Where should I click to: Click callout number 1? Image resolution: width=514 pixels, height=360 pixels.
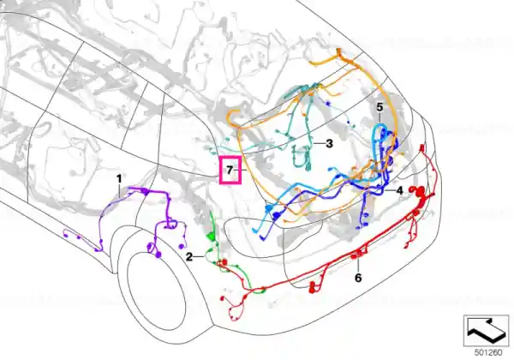pos(119,179)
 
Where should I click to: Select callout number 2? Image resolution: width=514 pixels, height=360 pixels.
pos(189,257)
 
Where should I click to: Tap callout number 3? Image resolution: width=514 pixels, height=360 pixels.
pos(329,143)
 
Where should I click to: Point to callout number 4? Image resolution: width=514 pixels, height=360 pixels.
pos(399,190)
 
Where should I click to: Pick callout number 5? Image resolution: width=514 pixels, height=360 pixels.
pos(380,107)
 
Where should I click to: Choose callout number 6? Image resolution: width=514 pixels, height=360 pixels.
pos(358,278)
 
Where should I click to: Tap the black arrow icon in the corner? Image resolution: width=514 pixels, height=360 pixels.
pos(487,331)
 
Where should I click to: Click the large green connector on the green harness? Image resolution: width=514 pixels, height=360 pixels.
pos(210,237)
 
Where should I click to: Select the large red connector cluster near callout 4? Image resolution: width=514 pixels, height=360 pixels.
pos(421,194)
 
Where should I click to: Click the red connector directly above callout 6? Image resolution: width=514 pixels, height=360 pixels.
pos(357,254)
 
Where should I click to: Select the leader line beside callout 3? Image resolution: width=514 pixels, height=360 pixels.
pos(320,144)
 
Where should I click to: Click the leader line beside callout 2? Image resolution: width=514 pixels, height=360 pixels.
pos(199,257)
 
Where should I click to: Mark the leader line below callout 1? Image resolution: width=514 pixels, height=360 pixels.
pos(119,190)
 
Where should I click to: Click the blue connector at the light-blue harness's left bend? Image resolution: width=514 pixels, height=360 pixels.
pos(268,208)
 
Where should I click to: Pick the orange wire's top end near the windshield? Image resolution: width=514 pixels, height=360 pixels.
pos(338,51)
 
